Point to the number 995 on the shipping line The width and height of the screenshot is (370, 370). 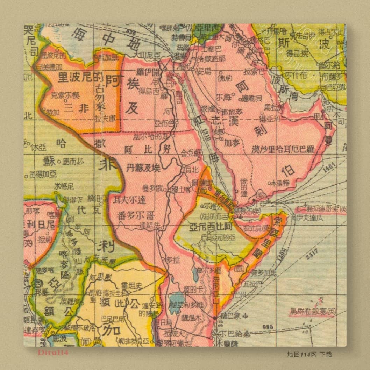268,327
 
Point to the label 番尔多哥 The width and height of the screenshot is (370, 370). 137,214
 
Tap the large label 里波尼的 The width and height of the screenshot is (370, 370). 75,77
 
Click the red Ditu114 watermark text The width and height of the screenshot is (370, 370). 53,353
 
